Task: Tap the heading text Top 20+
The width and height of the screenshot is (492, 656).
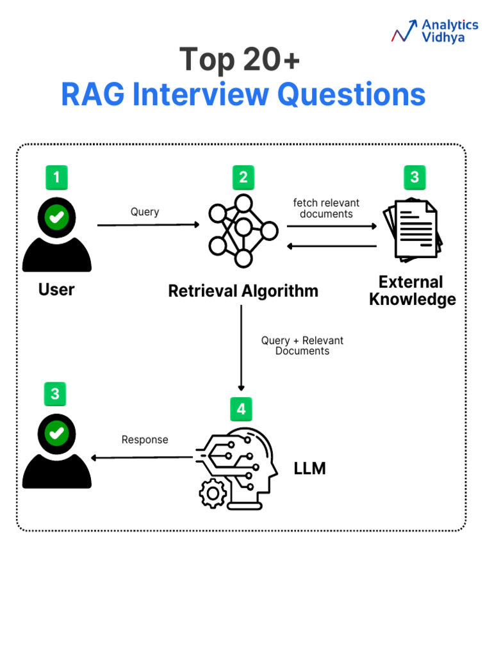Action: click(240, 60)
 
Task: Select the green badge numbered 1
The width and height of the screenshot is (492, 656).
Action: click(56, 177)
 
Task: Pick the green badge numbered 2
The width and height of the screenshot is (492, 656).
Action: click(243, 177)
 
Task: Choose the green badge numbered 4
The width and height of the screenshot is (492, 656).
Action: click(241, 408)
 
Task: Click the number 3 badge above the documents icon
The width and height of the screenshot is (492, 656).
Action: click(414, 177)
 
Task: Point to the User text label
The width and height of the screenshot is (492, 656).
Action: click(56, 290)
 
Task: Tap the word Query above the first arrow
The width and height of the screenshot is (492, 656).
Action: click(145, 212)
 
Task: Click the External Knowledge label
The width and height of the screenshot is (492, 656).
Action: click(413, 291)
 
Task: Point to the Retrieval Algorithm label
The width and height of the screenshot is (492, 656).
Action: click(243, 291)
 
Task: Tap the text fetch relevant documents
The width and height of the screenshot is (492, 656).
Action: click(326, 208)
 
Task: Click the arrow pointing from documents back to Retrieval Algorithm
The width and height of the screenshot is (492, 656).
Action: click(331, 246)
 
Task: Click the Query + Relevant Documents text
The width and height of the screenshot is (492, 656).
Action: click(302, 346)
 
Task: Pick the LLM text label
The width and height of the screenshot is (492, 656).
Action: click(310, 469)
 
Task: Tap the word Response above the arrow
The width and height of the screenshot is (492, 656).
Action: click(145, 439)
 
